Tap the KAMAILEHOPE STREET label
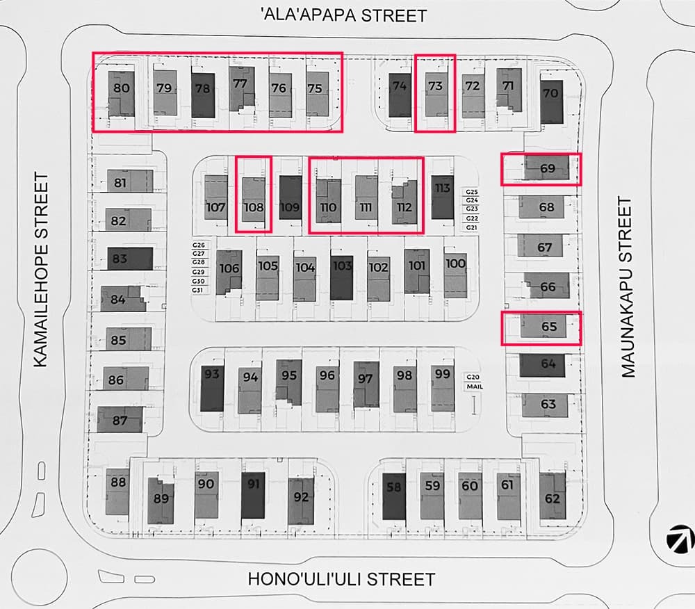(41, 270)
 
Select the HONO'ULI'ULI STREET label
(341, 579)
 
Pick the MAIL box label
(475, 387)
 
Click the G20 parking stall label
(475, 377)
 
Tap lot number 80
(122, 88)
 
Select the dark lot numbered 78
(203, 89)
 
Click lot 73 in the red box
(435, 87)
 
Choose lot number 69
(548, 168)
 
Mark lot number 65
(549, 326)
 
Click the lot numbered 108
(253, 206)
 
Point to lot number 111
(366, 207)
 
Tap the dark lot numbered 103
(342, 266)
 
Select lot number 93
(212, 376)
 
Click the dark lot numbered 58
(394, 487)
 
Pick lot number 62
(553, 498)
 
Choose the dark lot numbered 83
(120, 259)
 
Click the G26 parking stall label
(199, 245)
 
